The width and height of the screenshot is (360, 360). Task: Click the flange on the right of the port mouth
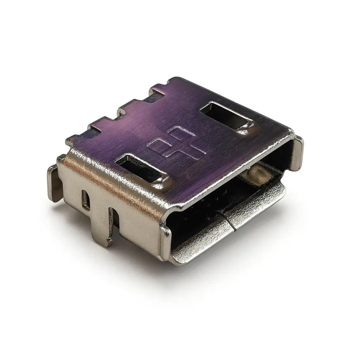pos(297,153)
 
